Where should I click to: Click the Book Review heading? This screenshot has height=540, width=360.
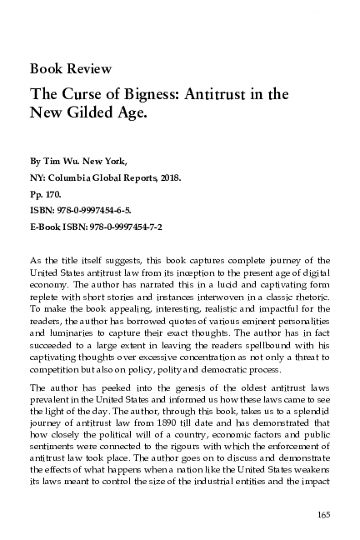[x=71, y=68]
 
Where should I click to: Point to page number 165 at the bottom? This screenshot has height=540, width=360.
[x=323, y=513]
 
